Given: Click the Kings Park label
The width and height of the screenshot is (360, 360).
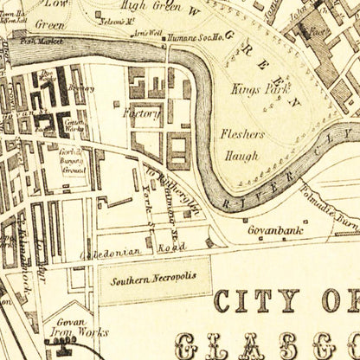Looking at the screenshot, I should [x=252, y=88].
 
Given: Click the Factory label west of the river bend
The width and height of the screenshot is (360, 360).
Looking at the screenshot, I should [x=143, y=112].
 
